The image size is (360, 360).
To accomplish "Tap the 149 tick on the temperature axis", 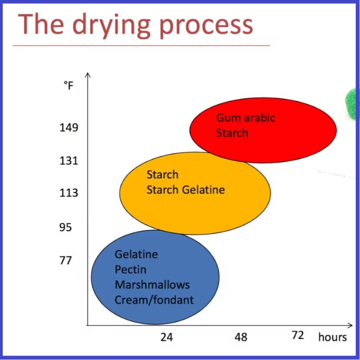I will coord(69,128).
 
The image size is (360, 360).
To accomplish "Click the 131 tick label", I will coord(69,161).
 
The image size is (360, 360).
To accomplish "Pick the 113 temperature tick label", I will coord(69,193).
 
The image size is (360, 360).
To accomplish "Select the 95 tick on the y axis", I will coord(66,227).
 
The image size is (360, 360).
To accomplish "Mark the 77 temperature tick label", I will coord(66,260).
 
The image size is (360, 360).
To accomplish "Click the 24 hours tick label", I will coord(166,337).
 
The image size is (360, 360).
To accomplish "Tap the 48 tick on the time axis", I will coord(241,337).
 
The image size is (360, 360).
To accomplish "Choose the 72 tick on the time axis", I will coord(298,335).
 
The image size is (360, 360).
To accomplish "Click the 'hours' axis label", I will coord(332,337).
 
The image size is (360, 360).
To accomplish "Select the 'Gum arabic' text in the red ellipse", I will coord(245,118).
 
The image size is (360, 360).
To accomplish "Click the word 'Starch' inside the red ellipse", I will coord(232,133).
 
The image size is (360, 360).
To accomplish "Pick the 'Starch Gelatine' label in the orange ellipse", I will coord(185,189).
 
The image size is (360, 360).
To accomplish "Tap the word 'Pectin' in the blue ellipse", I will coord(130,270).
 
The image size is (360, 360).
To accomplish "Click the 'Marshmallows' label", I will coord(152,285).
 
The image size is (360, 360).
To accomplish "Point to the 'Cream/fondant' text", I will coord(154,300).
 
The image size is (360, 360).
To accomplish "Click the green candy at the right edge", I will coord(351,103).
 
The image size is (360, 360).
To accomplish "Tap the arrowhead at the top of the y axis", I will coord(88,74).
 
